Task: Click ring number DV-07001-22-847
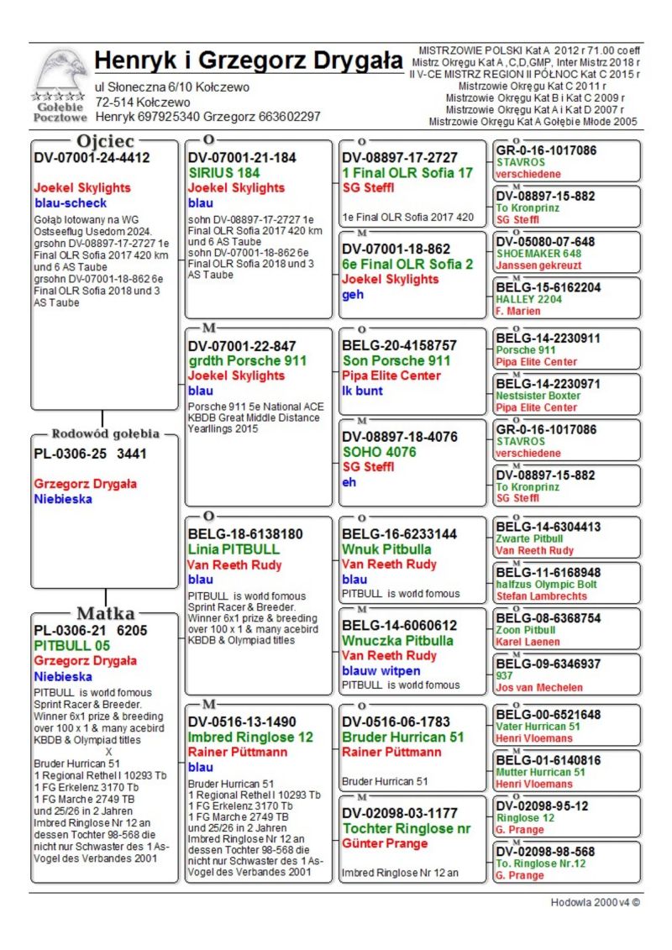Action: pyautogui.click(x=242, y=345)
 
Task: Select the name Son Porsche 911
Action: pyautogui.click(x=396, y=360)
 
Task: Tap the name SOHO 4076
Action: pyautogui.click(x=379, y=451)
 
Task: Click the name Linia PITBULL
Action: pyautogui.click(x=234, y=549)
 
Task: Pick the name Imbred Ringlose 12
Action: pyautogui.click(x=250, y=737)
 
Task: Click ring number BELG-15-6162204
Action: pyautogui.click(x=548, y=287)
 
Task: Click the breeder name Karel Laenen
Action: pyautogui.click(x=528, y=642)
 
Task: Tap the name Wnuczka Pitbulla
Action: pyautogui.click(x=397, y=640)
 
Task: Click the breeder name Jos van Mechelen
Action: pyautogui.click(x=538, y=687)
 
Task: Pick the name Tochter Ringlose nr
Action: pyautogui.click(x=406, y=828)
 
